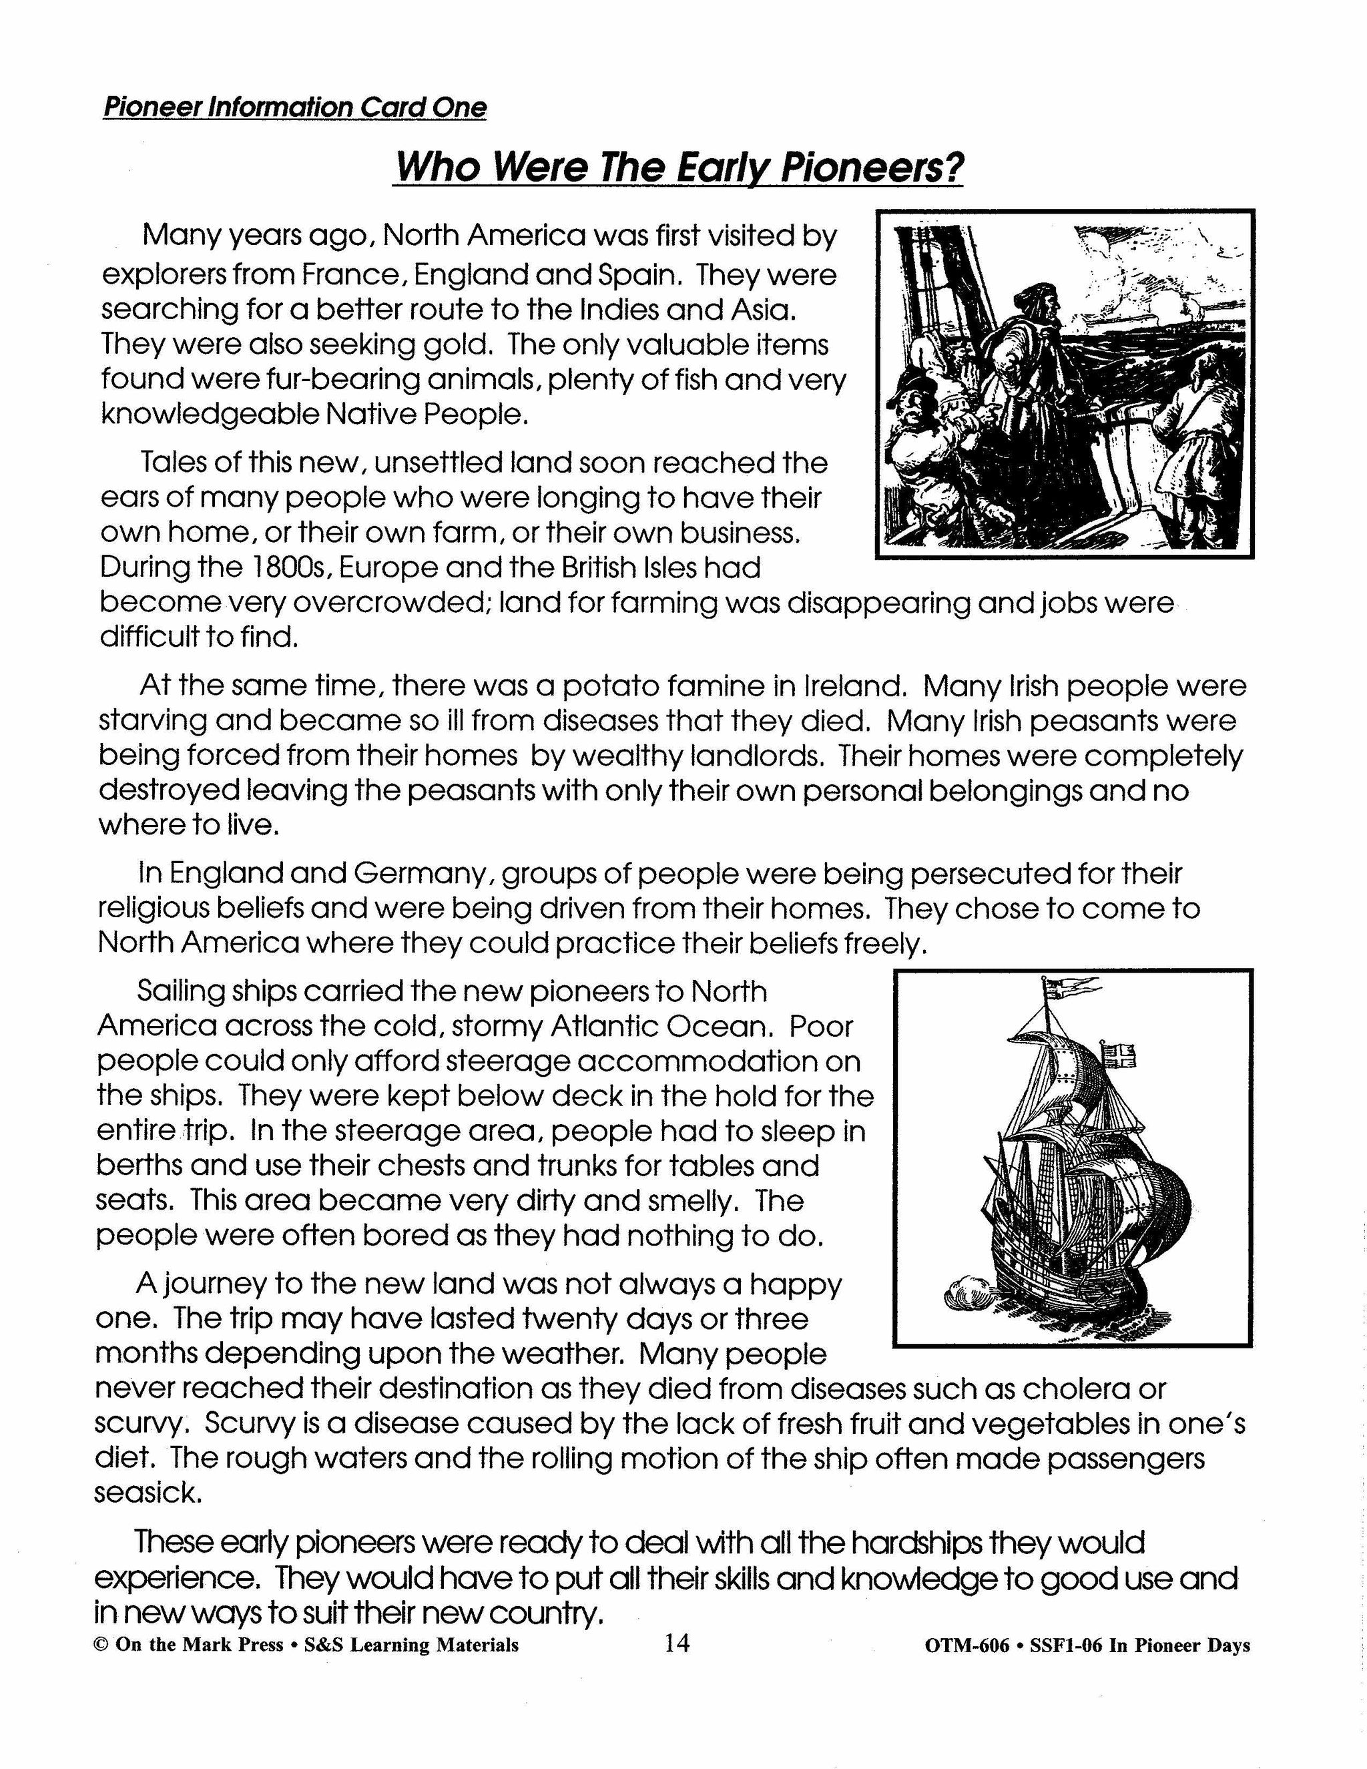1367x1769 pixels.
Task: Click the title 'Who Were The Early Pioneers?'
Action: [x=678, y=168]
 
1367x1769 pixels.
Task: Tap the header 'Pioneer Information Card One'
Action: [x=295, y=107]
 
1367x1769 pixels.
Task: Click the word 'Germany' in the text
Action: [x=421, y=873]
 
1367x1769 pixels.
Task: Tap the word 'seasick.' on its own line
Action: [x=148, y=1492]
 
